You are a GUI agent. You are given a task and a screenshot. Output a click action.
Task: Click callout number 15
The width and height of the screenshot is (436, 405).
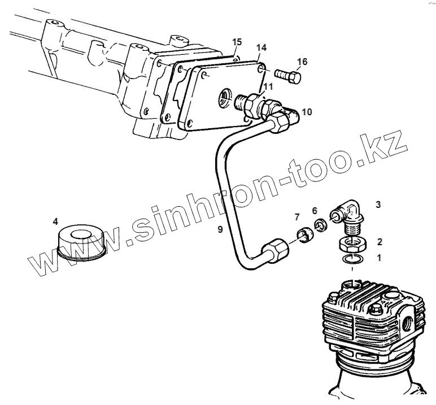tap(237, 42)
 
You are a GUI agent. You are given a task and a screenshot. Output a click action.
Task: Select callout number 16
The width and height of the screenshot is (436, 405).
tap(302, 62)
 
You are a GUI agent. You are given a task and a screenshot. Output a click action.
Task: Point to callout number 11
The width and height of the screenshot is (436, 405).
tap(267, 86)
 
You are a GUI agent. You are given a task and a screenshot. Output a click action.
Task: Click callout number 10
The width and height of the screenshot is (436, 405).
tap(306, 111)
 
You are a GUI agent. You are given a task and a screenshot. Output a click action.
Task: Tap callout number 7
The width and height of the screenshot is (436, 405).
tap(297, 217)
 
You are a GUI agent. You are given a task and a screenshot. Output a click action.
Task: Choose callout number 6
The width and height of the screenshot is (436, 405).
tap(315, 210)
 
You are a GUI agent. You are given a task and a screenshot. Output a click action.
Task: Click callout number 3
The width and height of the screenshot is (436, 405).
tap(378, 203)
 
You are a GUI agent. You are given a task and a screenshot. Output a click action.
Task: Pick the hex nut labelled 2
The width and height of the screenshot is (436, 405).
tap(351, 245)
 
